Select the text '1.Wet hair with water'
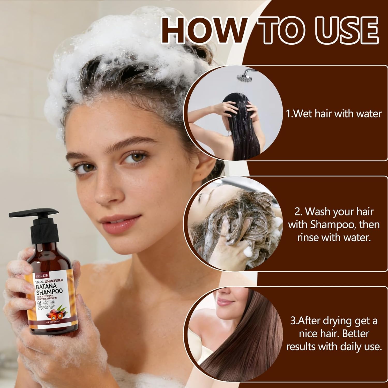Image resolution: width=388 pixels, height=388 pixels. tap(334, 114)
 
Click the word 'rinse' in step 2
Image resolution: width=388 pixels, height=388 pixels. tap(309, 237)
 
